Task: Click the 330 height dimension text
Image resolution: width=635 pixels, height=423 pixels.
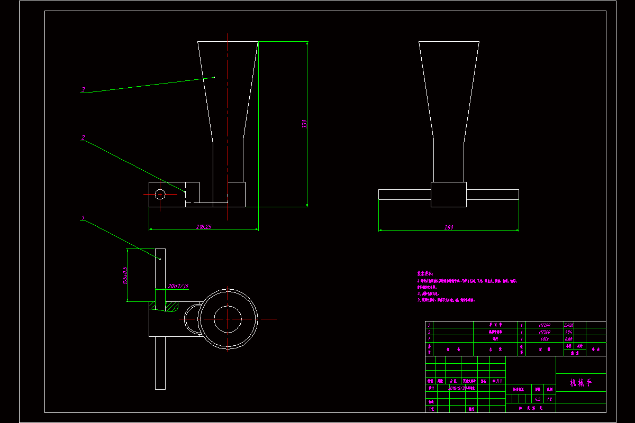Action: coord(304,124)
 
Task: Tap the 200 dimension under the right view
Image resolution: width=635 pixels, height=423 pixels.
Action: coord(449,227)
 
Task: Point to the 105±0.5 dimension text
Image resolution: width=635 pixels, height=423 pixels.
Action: coord(125,275)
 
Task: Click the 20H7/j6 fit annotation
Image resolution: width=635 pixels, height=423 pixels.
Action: coord(178,286)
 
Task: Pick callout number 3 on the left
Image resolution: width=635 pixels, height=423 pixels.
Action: coord(83,90)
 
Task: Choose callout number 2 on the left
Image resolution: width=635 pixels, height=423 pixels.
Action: coord(83,137)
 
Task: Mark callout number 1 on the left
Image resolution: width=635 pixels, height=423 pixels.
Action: coord(83,217)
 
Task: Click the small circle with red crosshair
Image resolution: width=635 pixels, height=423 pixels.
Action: coord(160,194)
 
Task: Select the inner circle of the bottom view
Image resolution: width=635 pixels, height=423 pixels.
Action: coord(228,318)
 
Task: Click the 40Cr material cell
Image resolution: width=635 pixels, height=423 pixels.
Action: coord(544,339)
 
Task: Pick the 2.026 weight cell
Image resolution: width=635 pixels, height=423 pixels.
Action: coord(569,325)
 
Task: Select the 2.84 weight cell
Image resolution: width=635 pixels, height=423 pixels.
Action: coord(569,332)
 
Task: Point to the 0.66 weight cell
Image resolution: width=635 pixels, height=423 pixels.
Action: coord(569,339)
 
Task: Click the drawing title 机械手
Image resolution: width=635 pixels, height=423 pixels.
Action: coord(580,382)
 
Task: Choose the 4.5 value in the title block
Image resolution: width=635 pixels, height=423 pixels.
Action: coord(537,399)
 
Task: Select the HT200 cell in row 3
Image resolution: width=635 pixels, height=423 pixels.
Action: coord(544,325)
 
